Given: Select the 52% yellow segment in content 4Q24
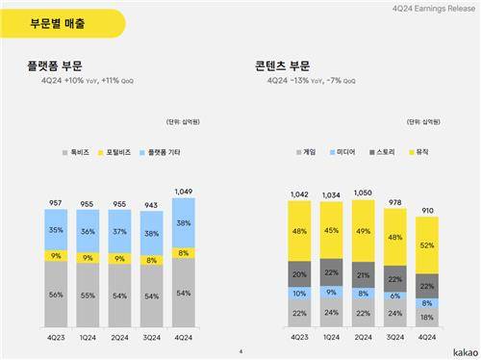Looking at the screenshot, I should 424,244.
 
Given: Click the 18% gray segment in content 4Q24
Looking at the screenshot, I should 424,316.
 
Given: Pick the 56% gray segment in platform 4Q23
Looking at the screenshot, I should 56,296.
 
